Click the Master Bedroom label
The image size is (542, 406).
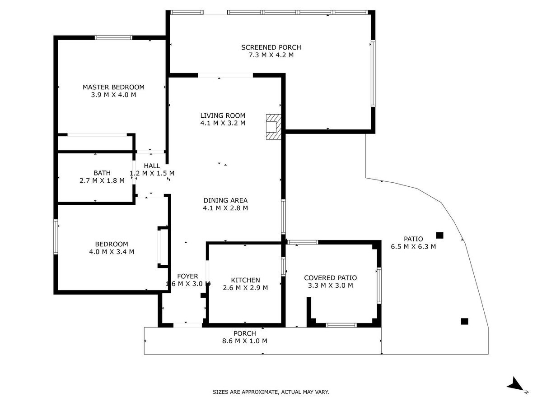[113, 87]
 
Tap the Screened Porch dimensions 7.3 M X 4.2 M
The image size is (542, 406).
[271, 55]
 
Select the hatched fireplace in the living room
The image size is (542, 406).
[273, 127]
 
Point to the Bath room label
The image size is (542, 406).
[102, 173]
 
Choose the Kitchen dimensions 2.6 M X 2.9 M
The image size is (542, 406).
[245, 288]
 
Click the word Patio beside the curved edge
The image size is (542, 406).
[413, 239]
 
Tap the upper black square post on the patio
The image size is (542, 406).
[439, 235]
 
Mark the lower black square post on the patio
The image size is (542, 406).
[464, 322]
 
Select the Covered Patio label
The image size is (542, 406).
[330, 278]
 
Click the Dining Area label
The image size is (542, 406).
[225, 200]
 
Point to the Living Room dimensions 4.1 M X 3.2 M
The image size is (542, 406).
[223, 123]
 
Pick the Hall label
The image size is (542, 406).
[152, 166]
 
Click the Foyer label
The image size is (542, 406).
[187, 276]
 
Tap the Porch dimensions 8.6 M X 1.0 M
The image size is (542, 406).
[245, 341]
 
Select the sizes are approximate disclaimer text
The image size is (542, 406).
[271, 392]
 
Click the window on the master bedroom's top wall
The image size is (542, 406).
[113, 38]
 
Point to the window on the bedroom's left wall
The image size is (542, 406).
[56, 237]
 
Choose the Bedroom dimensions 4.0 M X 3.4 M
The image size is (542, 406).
[112, 252]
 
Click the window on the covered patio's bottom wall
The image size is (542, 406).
[341, 325]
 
